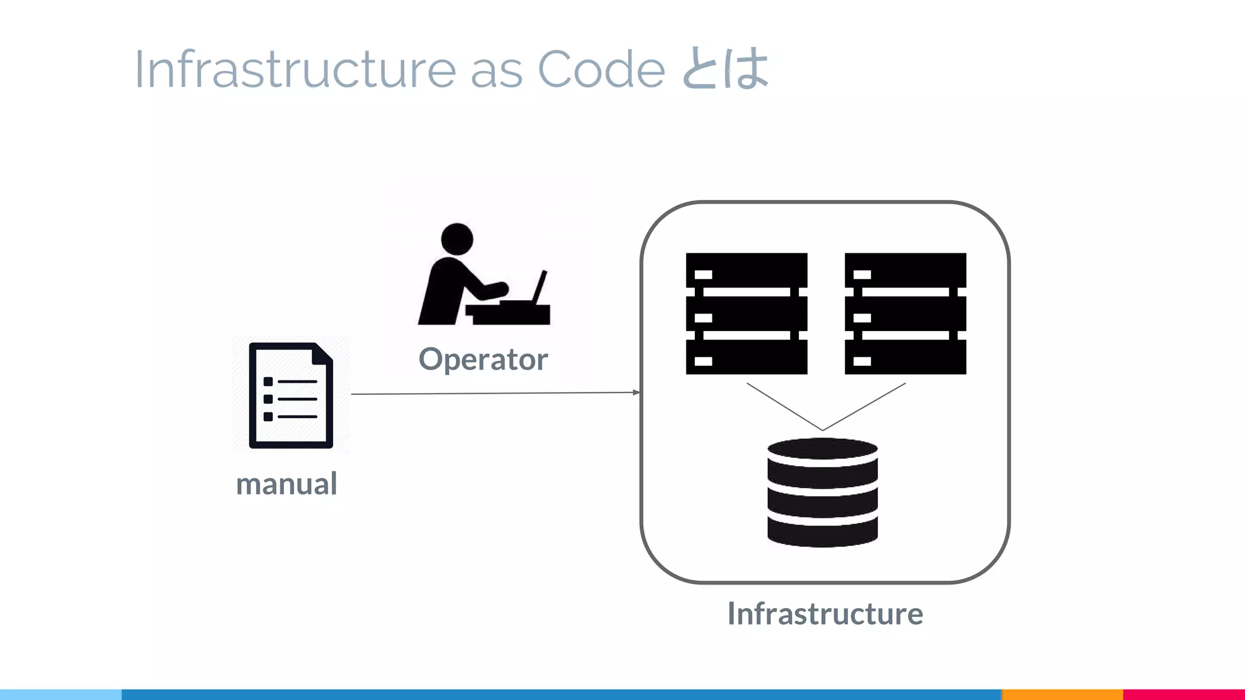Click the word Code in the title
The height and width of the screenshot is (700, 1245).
point(601,69)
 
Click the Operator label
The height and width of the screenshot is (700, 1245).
point(483,359)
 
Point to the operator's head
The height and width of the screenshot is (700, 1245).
point(457,239)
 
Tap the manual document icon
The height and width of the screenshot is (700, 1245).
point(291,396)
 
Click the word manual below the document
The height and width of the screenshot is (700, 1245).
point(286,484)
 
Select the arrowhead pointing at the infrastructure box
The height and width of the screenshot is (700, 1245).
point(636,393)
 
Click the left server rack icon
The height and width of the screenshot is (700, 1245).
point(747,314)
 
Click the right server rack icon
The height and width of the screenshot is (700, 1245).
point(905,314)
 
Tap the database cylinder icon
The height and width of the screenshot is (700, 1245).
point(823,493)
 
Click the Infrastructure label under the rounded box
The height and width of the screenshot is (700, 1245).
point(825,614)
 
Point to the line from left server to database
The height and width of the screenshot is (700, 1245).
point(784,407)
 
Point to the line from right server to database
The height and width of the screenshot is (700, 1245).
point(864,407)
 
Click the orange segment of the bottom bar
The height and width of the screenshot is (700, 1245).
point(1062,695)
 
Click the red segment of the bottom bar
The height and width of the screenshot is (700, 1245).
point(1184,695)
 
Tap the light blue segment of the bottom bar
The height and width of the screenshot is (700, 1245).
point(61,695)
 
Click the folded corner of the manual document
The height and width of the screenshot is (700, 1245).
point(325,352)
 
